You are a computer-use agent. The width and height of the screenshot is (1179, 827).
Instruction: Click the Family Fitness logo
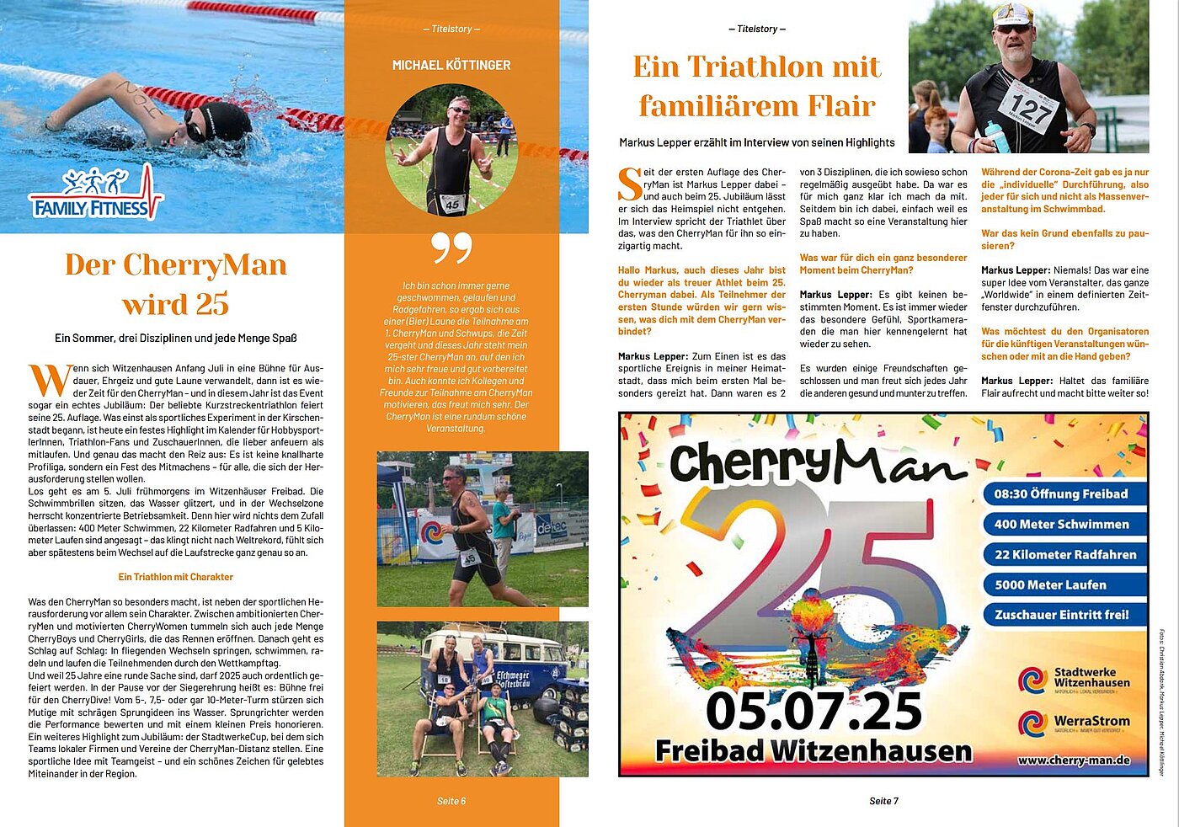[94, 195]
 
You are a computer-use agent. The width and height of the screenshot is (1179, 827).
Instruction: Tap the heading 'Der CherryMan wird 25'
[175, 284]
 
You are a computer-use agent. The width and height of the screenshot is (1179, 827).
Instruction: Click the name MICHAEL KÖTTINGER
[451, 65]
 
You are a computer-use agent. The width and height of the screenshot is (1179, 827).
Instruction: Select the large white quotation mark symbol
[451, 248]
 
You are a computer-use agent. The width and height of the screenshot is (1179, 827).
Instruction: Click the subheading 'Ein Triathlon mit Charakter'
[175, 577]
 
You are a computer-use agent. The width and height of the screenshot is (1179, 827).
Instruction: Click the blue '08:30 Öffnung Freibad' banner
[1064, 494]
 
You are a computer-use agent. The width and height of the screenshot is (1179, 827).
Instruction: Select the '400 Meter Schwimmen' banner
[1064, 525]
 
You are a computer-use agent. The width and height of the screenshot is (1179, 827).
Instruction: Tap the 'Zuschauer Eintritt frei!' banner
[1064, 615]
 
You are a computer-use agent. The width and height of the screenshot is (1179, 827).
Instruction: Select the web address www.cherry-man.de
[1073, 760]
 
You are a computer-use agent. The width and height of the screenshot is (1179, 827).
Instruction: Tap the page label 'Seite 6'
[451, 801]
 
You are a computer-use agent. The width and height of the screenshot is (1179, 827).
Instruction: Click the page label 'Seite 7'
[883, 801]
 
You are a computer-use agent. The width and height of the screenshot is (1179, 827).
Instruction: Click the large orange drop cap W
[49, 380]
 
